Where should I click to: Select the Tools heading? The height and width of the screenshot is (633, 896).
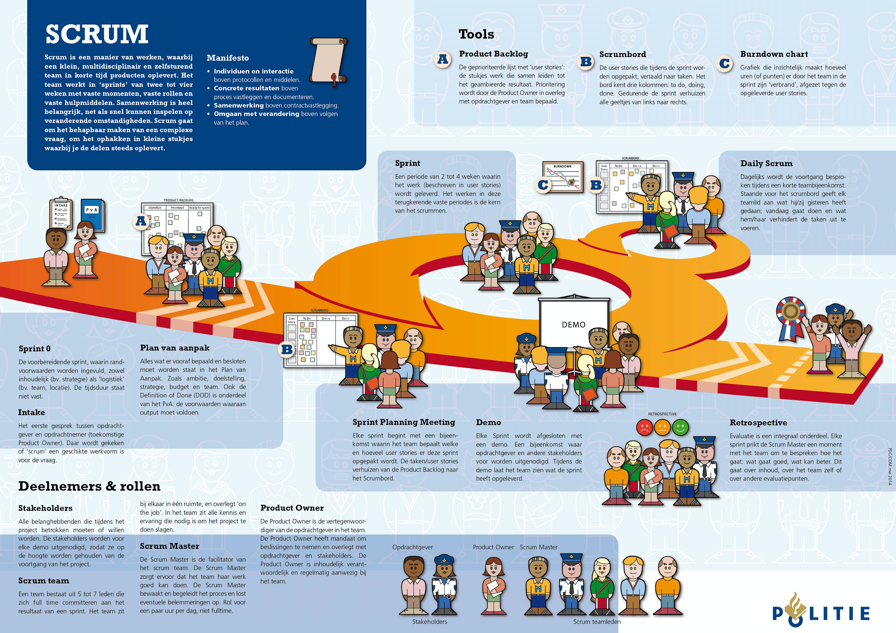(x=476, y=34)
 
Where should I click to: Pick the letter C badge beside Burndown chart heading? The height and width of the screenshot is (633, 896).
(x=724, y=63)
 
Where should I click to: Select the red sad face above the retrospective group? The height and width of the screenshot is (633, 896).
(x=644, y=427)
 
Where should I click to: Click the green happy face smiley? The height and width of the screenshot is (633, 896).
(x=680, y=427)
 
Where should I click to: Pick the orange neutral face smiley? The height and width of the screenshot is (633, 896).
(x=662, y=427)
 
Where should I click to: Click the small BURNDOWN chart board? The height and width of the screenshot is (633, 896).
(x=563, y=177)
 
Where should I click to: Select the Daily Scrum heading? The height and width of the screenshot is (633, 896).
(x=766, y=164)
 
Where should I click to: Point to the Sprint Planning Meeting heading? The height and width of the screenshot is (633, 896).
(x=403, y=422)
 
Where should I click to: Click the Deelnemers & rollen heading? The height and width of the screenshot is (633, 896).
(x=89, y=486)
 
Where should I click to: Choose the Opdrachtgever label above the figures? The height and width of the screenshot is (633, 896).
(x=413, y=547)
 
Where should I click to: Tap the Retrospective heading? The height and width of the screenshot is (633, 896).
(x=758, y=423)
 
